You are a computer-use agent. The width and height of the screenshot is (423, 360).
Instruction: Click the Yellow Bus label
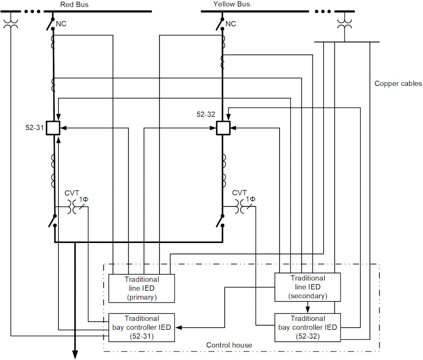pos(232,4)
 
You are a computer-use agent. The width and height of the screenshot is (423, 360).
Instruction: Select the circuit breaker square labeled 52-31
pos(53,128)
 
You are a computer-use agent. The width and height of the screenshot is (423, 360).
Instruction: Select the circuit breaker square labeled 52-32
pos(223,128)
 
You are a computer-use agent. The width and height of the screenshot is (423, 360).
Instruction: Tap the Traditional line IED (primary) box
pos(142,288)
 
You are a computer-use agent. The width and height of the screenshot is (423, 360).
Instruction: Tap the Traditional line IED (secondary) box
pos(307,287)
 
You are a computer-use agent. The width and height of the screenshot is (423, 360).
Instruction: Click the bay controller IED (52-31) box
pos(142,327)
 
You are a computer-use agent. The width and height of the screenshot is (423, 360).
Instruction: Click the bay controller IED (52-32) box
pos(307,327)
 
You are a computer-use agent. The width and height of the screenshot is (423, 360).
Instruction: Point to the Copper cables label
pos(398,83)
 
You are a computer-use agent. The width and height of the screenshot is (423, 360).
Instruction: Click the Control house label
pos(229,345)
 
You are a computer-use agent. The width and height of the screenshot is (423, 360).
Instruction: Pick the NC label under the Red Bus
pos(61,23)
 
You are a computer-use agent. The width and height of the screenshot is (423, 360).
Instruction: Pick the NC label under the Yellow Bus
pos(231,23)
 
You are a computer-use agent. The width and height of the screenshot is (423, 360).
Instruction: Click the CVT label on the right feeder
pos(240,193)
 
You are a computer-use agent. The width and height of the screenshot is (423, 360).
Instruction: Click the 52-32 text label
pos(206,114)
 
